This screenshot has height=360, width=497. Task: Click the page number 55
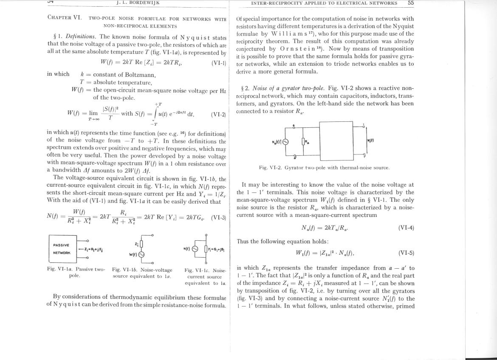(x=410, y=3)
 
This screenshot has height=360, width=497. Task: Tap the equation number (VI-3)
(x=218, y=217)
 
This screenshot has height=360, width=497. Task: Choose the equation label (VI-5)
(x=406, y=253)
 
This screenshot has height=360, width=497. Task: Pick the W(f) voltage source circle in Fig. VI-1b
(x=141, y=255)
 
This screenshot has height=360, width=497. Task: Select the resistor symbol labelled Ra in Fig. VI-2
(x=303, y=142)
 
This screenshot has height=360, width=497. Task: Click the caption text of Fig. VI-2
(x=324, y=168)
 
